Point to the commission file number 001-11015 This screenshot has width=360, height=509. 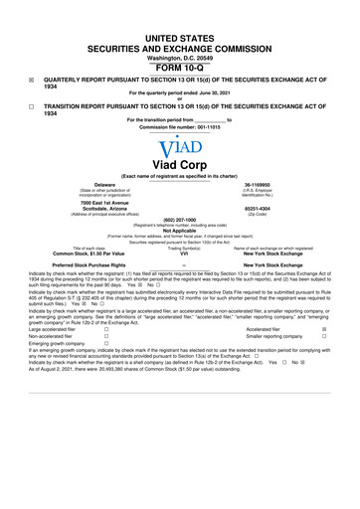click(207, 127)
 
